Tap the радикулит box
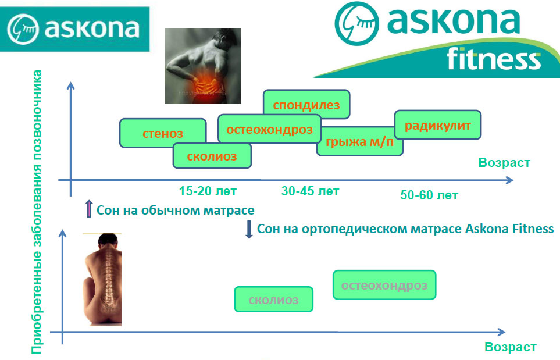[438, 124]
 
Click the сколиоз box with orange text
[212, 156]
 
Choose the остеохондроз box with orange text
[270, 129]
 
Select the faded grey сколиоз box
[273, 300]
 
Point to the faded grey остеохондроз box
[384, 285]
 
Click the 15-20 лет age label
[208, 191]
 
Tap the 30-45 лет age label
[310, 191]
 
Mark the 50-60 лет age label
[429, 195]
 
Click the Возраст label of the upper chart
[504, 162]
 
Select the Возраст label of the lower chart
[511, 347]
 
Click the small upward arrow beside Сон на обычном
[89, 209]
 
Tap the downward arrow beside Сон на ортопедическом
[249, 230]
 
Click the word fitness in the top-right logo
[494, 59]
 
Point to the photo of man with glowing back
[202, 66]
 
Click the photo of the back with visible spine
[102, 280]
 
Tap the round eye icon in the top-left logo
[23, 29]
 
